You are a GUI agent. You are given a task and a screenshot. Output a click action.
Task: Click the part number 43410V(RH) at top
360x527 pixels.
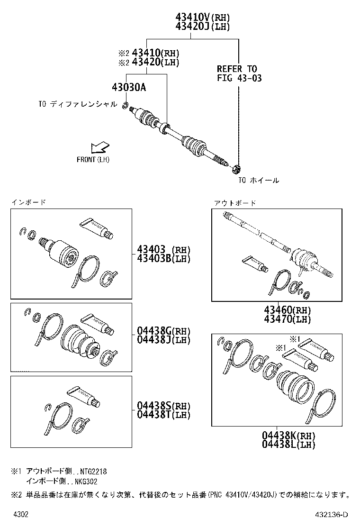coord(202,17)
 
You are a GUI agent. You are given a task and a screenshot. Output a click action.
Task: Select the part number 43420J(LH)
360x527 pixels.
coord(202,27)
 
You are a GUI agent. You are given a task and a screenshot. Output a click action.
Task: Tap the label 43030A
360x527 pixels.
coord(129,88)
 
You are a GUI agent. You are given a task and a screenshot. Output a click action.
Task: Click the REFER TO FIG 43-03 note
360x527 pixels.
coord(239,73)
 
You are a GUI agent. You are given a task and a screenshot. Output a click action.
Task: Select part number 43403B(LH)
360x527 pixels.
coord(163,258)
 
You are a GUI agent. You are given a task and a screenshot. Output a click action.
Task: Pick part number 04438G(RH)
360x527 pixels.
coord(163,331)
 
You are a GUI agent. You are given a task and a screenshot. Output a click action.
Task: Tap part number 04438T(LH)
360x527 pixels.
coord(163,415)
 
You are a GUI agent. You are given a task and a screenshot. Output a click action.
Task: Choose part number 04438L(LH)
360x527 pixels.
coord(288,445)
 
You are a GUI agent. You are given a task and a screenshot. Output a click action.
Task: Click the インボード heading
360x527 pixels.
coord(29,202)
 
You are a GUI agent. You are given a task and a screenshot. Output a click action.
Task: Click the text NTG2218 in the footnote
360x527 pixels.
coord(93,472)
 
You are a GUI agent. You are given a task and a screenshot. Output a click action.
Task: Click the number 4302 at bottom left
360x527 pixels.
coord(20,515)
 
